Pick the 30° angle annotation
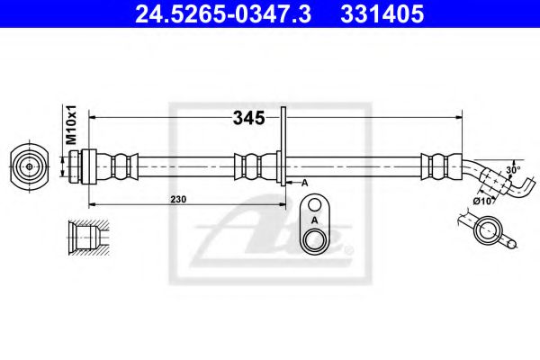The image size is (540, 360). (x=512, y=168)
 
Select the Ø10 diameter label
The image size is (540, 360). (x=483, y=201)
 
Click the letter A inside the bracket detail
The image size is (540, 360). (x=314, y=219)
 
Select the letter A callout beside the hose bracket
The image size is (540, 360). (x=304, y=183)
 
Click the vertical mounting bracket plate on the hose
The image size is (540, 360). (x=283, y=148)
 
